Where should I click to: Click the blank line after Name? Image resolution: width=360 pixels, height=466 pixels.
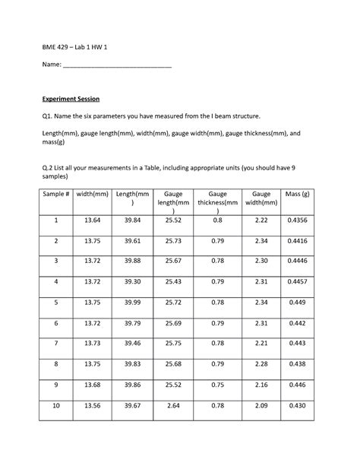[x=117, y=66]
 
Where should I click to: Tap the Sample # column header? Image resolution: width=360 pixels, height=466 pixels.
[x=55, y=195]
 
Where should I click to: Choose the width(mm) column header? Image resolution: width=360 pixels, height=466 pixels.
[x=93, y=195]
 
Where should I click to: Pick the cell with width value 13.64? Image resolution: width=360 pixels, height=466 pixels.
[x=93, y=220]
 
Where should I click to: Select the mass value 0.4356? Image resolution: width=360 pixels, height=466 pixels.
[x=297, y=220]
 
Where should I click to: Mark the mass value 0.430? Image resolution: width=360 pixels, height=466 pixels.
[x=297, y=405]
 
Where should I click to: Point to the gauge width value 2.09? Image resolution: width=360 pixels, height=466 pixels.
[x=261, y=405]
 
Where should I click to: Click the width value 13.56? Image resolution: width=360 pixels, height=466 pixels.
[x=93, y=405]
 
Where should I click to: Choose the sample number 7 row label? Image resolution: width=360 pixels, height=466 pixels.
[x=55, y=343]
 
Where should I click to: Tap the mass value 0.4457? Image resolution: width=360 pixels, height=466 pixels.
[x=297, y=281]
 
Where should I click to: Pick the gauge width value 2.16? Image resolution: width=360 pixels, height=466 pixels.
[x=261, y=385]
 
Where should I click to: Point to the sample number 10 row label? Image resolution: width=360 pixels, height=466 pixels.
[x=55, y=405]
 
